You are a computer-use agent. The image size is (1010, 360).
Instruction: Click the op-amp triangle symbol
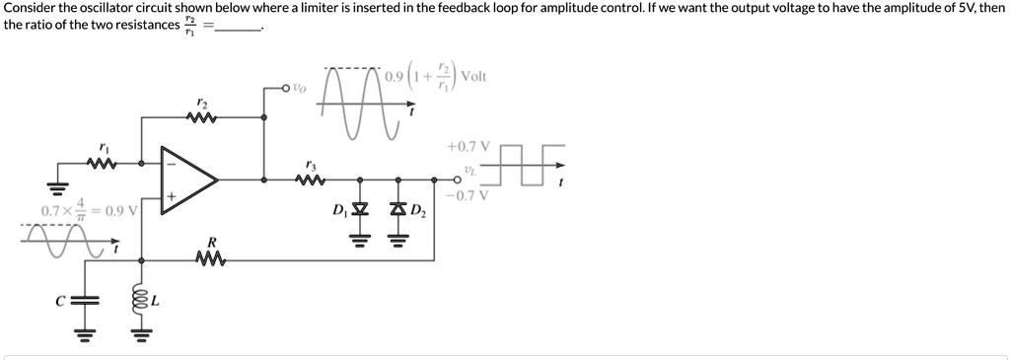188,180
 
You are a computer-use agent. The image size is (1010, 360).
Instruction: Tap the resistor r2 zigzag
201,119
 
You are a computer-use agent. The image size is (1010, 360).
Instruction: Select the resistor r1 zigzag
105,163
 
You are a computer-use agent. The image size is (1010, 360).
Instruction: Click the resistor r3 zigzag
312,180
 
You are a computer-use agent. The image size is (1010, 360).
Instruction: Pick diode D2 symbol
398,210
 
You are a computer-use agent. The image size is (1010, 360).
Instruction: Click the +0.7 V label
466,146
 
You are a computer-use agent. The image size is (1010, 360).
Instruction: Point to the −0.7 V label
466,194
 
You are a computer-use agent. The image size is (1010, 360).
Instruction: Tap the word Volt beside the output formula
473,76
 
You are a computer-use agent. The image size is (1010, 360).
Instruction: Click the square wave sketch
532,164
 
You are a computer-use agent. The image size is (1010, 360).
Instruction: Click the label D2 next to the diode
418,210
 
